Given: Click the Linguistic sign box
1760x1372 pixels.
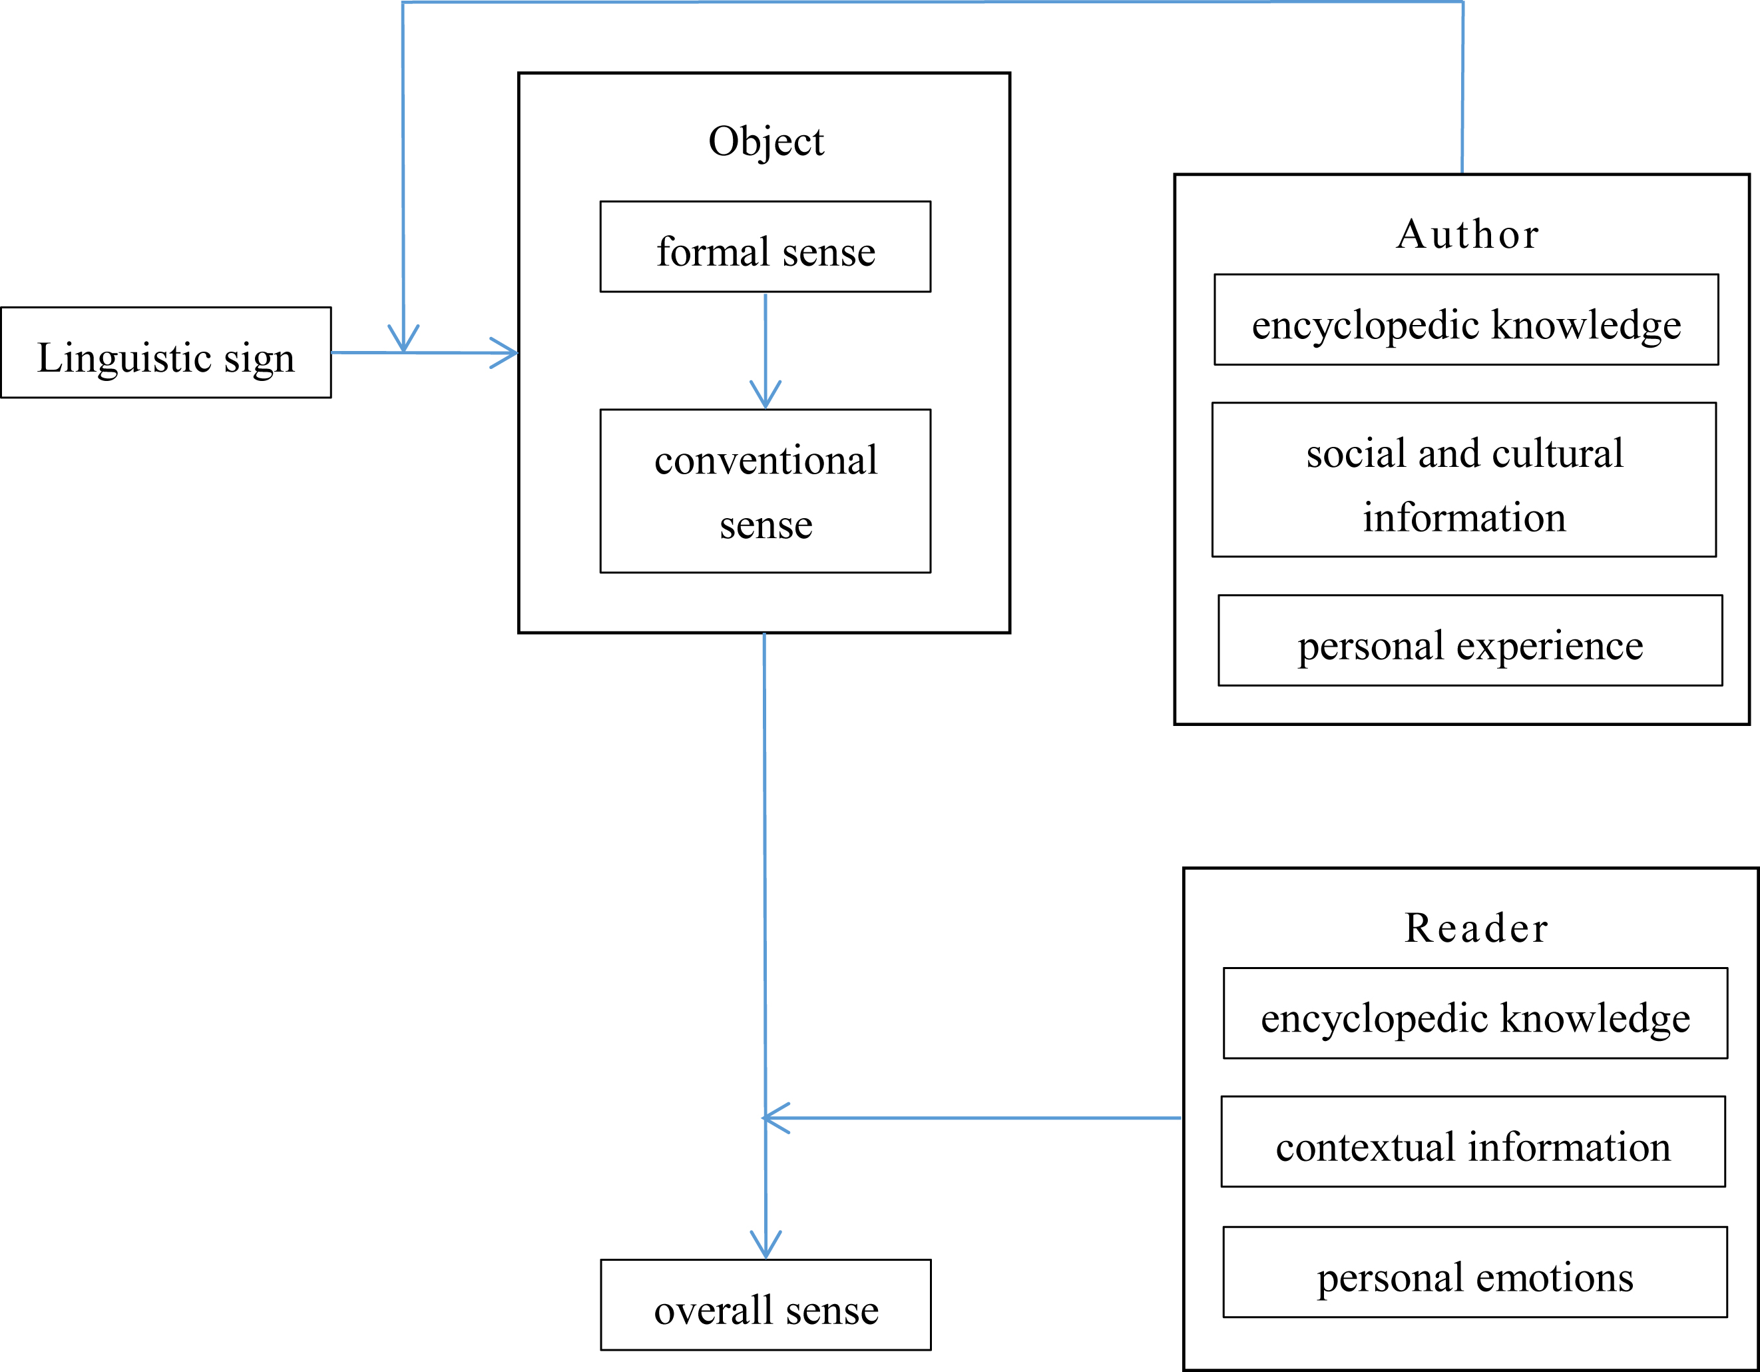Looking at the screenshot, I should pos(165,352).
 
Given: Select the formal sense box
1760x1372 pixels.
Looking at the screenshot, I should pos(765,246).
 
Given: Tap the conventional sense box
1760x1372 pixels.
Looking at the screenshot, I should pos(765,491).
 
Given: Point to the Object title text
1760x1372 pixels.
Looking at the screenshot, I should pos(766,142).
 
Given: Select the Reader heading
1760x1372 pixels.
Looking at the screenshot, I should pos(1476,928).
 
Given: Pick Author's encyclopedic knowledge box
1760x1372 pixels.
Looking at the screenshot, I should pos(1466,320).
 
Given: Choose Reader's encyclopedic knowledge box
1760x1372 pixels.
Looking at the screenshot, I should pos(1474,1013).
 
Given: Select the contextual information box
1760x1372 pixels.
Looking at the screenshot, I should pos(1472,1142).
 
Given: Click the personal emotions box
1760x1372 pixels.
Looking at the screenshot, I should pos(1474,1273).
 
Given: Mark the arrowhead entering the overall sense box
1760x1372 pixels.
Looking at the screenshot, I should pos(766,1246).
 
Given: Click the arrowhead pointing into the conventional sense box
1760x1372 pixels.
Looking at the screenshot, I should pos(766,396).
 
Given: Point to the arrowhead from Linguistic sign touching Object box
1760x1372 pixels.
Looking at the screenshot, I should pos(507,353).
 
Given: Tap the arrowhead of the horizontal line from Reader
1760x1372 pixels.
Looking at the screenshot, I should pos(773,1118).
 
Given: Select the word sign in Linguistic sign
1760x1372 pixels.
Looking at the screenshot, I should pos(259,359).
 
